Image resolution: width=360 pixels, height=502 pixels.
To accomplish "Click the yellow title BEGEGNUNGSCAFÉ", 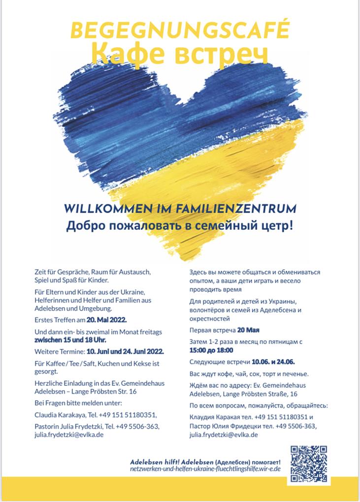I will (x=180, y=31).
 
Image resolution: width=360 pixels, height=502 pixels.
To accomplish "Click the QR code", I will (x=308, y=463).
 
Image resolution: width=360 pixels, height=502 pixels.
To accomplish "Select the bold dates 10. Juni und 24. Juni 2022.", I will (x=125, y=352).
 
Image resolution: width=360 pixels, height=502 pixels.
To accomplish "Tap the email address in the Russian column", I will (x=224, y=435).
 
